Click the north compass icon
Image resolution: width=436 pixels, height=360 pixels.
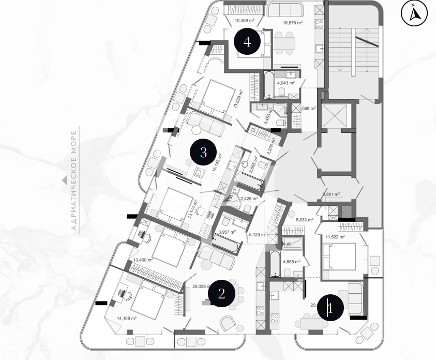pos(414,14)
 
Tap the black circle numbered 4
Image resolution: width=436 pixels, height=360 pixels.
pos(248,42)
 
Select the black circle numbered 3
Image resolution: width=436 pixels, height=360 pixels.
pos(203,153)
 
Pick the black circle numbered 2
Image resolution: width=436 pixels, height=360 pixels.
pos(221,294)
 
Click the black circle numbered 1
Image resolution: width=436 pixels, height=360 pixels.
pos(331,309)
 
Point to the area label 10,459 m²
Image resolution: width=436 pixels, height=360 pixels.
pos(245,21)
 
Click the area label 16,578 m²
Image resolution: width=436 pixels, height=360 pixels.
pos(293,23)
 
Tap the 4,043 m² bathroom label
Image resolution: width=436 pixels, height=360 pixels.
pos(285,83)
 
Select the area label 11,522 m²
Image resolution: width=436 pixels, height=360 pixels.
pos(335,237)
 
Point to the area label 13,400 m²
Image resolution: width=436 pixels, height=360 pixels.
pos(143,260)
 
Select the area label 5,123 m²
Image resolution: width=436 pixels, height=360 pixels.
pos(257,234)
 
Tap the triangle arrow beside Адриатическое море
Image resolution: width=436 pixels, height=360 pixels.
pos(64,181)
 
